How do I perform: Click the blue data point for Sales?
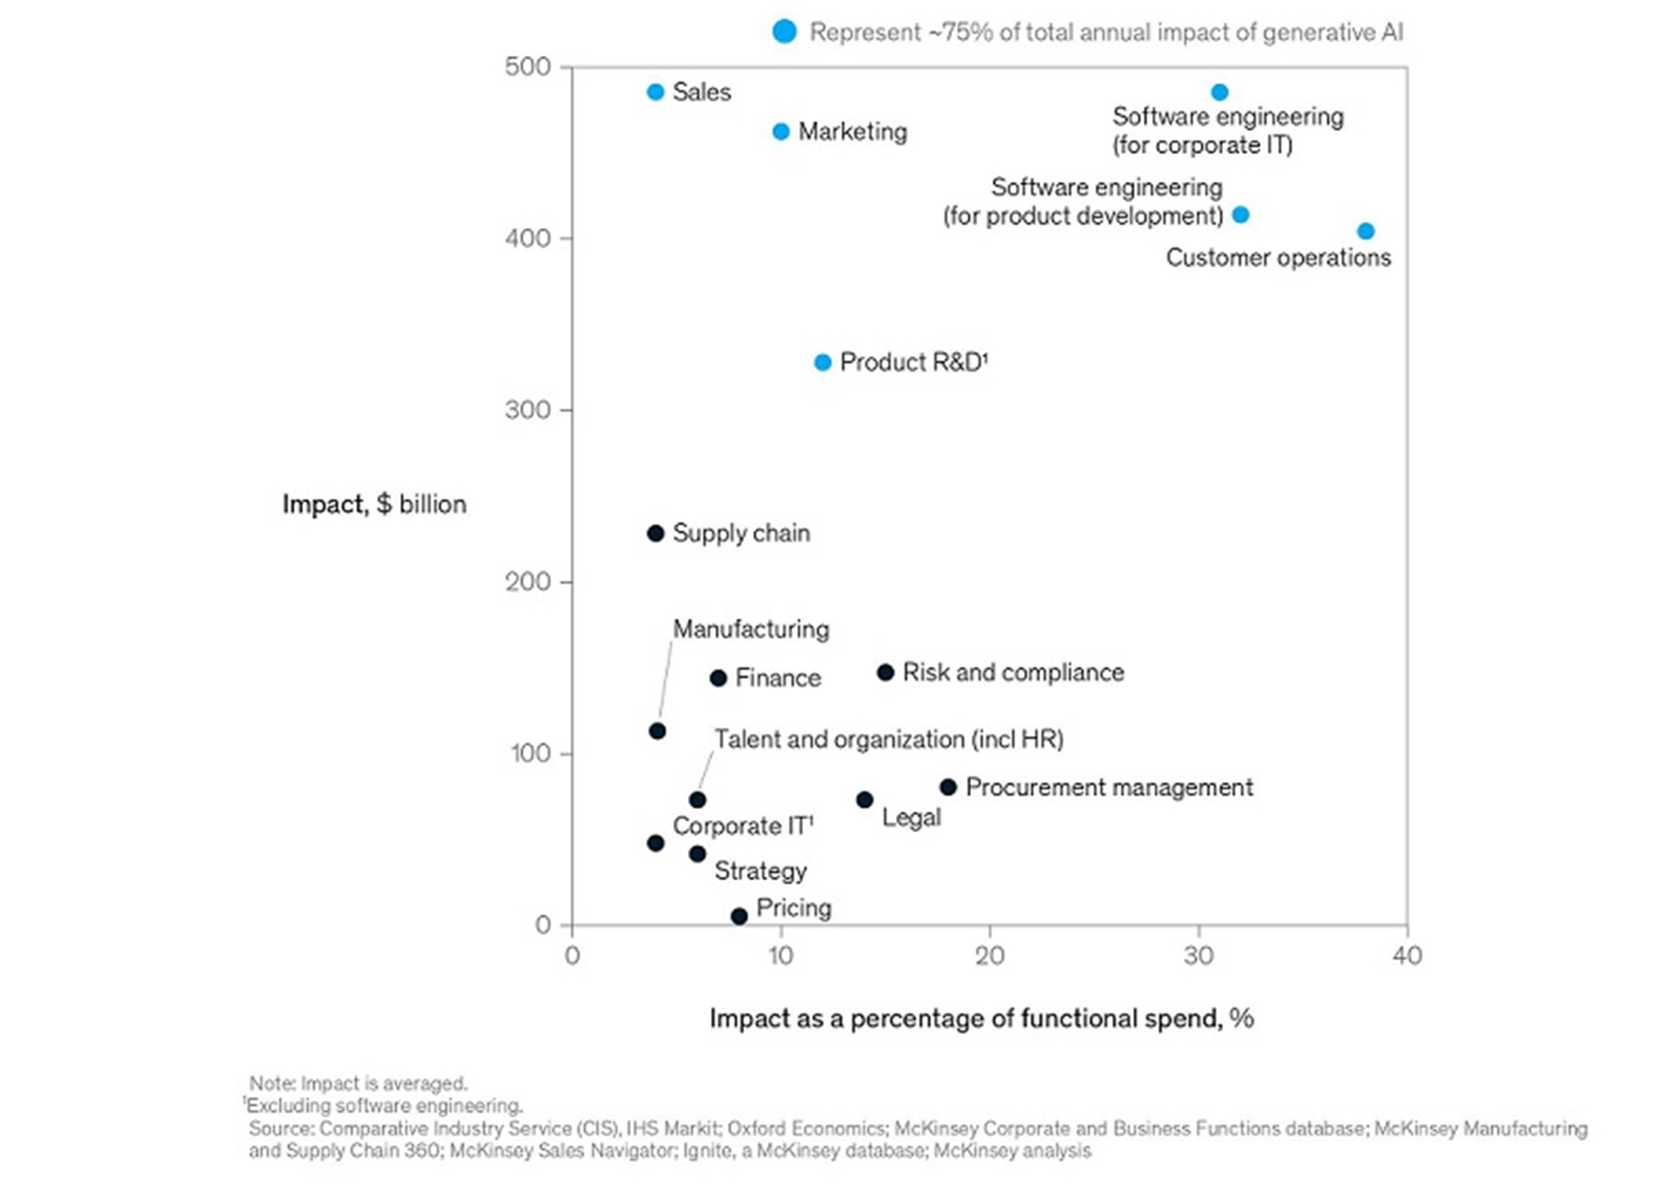(656, 92)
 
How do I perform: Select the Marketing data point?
(781, 132)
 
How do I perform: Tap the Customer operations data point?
(1365, 231)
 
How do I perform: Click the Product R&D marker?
(822, 363)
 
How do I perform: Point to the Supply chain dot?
(656, 534)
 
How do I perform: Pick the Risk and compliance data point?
(885, 673)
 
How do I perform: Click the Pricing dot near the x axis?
(739, 917)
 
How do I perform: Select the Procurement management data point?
(948, 787)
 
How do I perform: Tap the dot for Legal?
(865, 800)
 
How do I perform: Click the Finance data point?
(719, 678)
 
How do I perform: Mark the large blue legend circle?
(784, 32)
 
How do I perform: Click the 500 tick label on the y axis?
(527, 67)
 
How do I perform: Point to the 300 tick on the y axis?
(527, 410)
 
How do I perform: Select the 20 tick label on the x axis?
(990, 956)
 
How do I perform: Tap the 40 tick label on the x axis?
(1407, 956)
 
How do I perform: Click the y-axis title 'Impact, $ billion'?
(374, 504)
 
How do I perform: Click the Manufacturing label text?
(751, 629)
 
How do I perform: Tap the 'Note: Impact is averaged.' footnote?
(358, 1083)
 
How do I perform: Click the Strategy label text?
(760, 871)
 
